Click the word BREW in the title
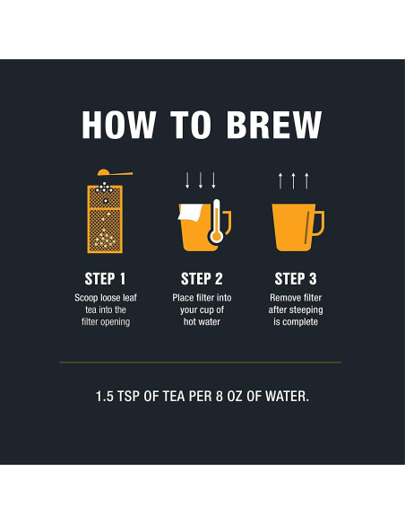click(274, 125)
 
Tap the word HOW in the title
click(119, 125)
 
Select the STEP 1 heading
click(105, 279)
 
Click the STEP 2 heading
click(202, 279)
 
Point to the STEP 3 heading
click(296, 279)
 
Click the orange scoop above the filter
click(115, 172)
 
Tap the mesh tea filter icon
click(105, 219)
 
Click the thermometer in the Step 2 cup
click(216, 222)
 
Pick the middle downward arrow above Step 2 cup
click(201, 180)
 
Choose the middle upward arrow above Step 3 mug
click(293, 181)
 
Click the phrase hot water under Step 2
click(202, 322)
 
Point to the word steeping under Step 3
click(305, 310)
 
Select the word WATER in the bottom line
click(287, 397)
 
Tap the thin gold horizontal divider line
click(201, 362)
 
